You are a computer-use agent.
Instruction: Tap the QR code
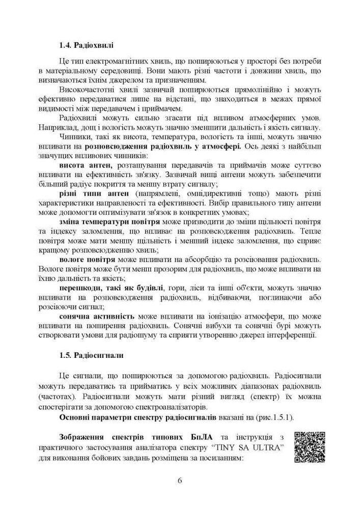tap(310, 447)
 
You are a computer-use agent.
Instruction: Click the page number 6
tap(180, 480)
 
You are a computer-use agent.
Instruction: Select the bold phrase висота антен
tap(87, 165)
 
